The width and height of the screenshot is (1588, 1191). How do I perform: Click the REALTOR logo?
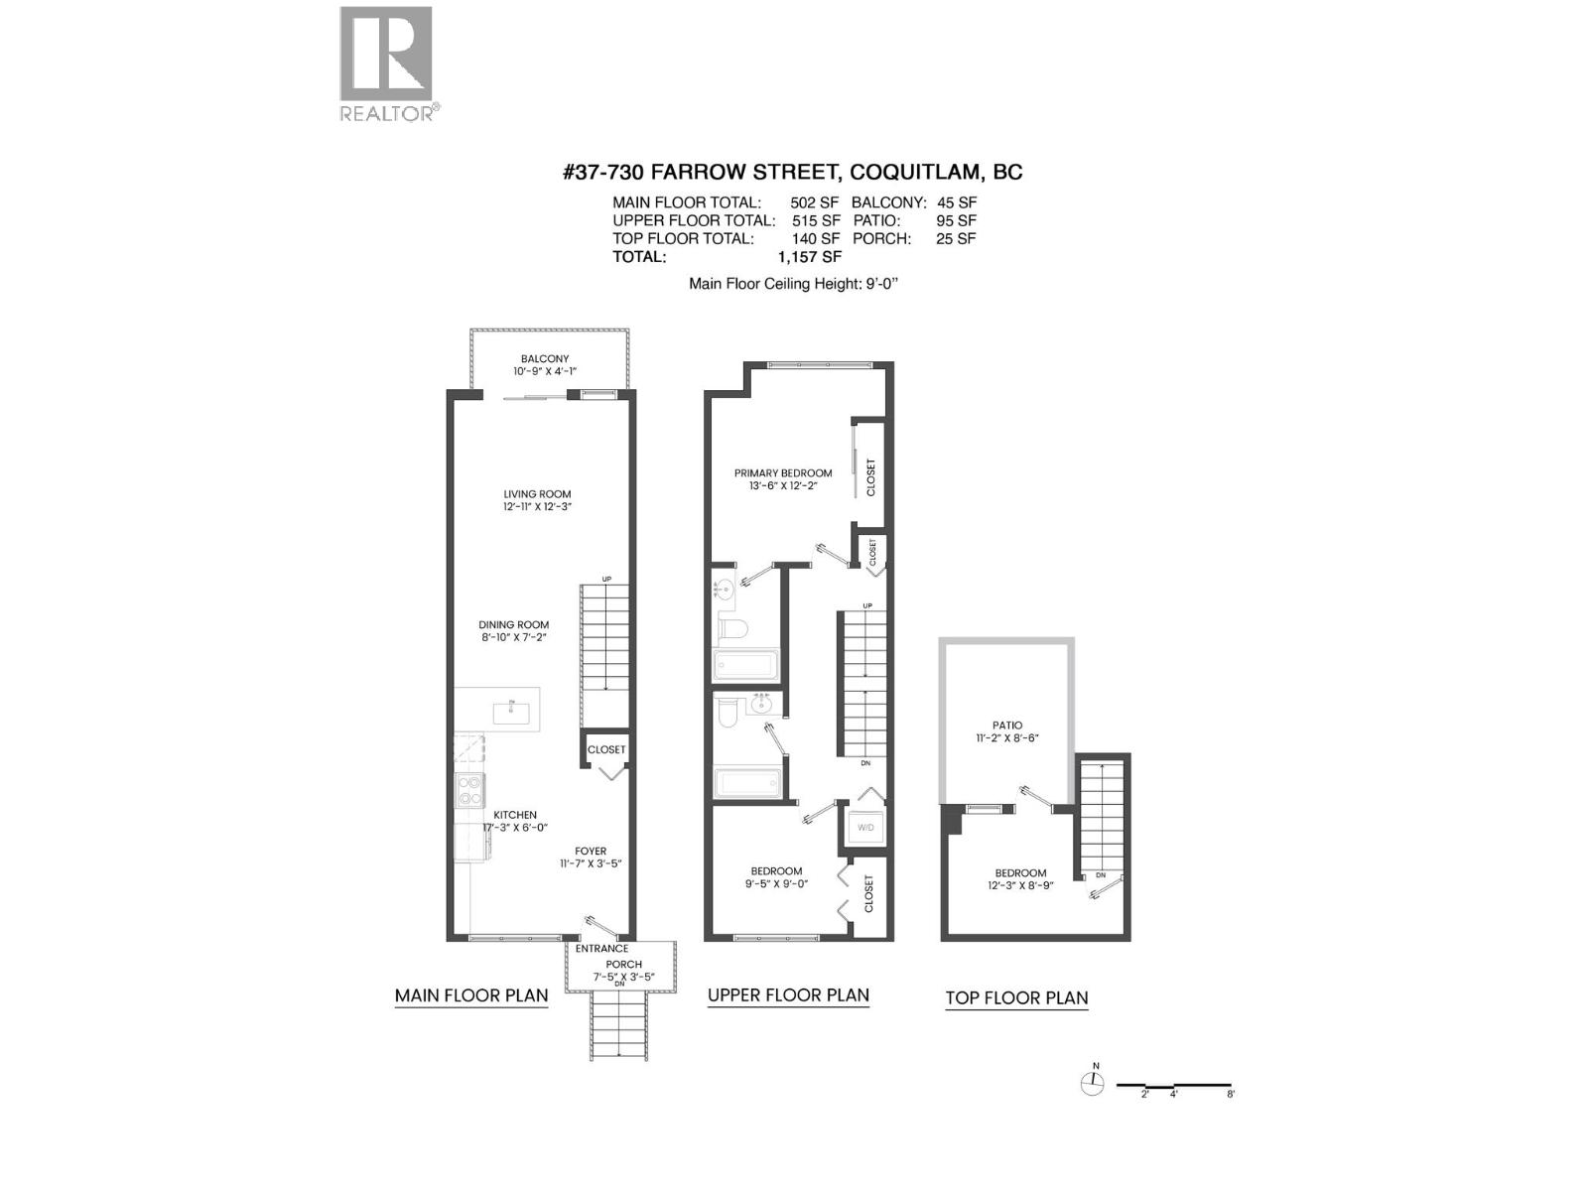tap(386, 64)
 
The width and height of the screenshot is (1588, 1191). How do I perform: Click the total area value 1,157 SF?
tap(809, 256)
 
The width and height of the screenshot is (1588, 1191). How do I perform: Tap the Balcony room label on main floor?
tap(545, 359)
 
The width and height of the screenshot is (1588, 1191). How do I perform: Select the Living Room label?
tap(537, 494)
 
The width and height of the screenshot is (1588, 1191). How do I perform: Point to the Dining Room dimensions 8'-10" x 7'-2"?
tap(514, 637)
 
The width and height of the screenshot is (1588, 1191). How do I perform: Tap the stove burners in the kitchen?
tap(469, 791)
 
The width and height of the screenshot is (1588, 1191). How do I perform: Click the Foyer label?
tap(591, 852)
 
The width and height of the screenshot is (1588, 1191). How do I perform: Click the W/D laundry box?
tap(865, 827)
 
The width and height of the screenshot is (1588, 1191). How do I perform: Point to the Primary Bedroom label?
tap(783, 473)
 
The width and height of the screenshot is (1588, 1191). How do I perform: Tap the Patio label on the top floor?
tap(1006, 726)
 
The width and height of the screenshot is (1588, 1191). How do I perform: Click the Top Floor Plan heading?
tap(1016, 998)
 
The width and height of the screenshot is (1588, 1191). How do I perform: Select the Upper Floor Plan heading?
tap(788, 995)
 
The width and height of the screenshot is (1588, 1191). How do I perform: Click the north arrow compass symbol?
tap(1092, 1083)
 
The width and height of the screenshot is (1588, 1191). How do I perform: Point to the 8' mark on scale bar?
tap(1231, 1094)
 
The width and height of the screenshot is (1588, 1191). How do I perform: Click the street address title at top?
tap(792, 172)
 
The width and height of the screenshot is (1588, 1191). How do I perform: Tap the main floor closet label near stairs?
tap(606, 750)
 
